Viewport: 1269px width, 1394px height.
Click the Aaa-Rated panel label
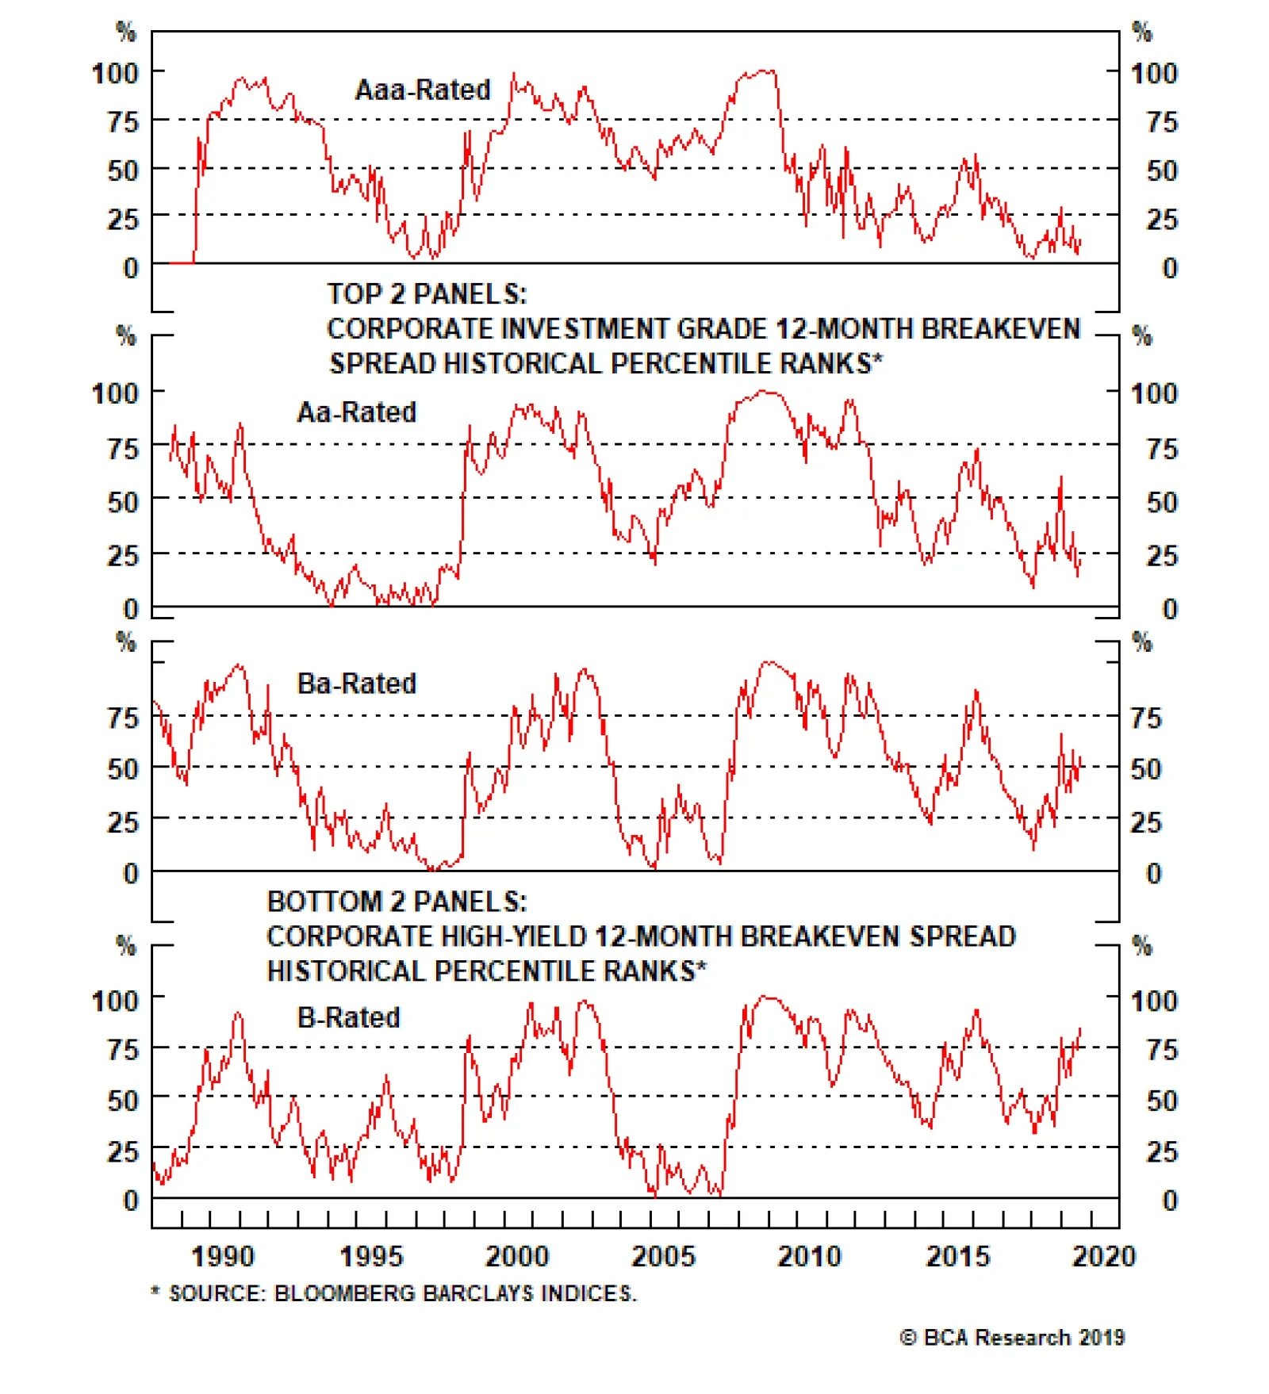(x=423, y=90)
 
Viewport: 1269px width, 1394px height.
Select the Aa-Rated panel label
(x=356, y=412)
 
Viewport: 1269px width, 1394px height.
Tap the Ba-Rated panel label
(x=356, y=684)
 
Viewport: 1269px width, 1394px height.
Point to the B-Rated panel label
(x=348, y=1017)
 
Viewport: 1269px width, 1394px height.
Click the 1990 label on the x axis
(x=223, y=1256)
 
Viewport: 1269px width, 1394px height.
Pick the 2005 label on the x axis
(x=663, y=1256)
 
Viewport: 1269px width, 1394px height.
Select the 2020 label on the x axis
(x=1103, y=1256)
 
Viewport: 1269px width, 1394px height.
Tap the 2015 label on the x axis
(x=957, y=1256)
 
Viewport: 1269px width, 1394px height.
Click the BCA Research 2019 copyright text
(x=1012, y=1338)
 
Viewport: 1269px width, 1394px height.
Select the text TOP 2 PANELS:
(x=427, y=294)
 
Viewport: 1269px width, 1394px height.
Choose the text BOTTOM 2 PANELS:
(x=397, y=902)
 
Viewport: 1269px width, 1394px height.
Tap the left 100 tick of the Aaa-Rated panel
(x=116, y=74)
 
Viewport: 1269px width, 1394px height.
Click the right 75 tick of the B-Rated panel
(x=1162, y=1050)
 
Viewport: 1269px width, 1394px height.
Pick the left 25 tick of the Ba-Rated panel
(x=123, y=822)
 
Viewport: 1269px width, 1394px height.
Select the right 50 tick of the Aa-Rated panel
(x=1162, y=502)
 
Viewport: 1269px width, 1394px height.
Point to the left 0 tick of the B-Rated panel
(x=131, y=1200)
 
